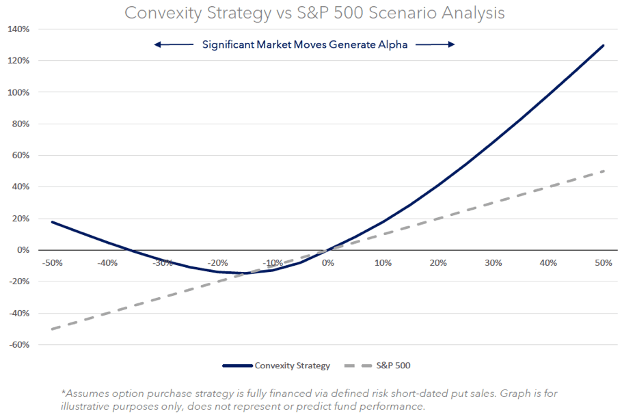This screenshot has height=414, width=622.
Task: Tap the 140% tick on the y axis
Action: [x=18, y=29]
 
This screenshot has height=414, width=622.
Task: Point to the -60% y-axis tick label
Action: [x=18, y=345]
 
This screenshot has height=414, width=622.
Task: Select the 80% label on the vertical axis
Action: [x=21, y=124]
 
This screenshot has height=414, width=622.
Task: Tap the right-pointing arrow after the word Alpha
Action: [x=435, y=45]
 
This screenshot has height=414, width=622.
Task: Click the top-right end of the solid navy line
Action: [x=604, y=46]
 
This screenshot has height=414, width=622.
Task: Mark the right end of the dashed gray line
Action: [x=604, y=171]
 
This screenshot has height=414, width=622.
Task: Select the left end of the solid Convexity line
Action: [x=53, y=221]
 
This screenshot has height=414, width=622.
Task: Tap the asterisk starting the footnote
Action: [x=63, y=393]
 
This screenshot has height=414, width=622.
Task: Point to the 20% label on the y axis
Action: [x=21, y=219]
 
